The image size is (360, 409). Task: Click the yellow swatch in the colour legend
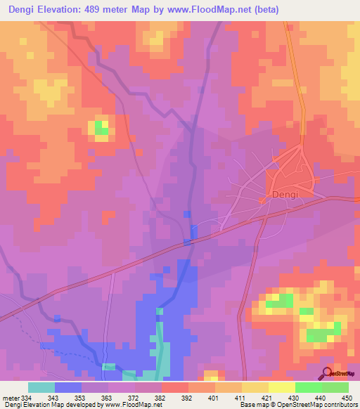click(281, 387)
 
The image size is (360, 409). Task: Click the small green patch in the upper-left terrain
click(101, 127)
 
